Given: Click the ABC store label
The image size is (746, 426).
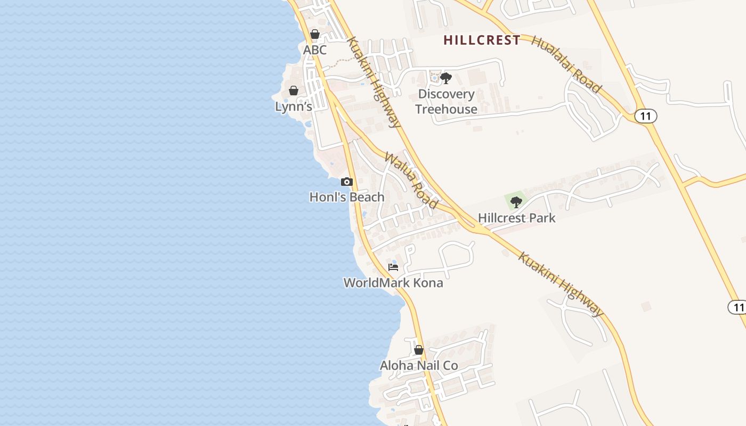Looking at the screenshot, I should pos(314,50).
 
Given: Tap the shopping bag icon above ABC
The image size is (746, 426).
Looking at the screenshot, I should pos(315,35).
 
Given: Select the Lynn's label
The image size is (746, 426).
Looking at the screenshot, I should pos(293,106).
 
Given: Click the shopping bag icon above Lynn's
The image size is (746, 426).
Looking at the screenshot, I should pos(293,91).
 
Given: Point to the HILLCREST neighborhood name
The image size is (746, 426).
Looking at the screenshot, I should pos(482,40).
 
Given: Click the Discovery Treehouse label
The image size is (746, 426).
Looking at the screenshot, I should pos(446,102).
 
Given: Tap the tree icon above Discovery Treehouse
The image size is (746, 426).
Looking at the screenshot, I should pos(446,79).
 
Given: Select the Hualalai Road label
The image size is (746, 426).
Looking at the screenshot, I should pos(567,65).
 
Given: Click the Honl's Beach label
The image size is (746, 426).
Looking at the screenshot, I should pos(347,197).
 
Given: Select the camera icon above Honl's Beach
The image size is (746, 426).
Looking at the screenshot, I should pos(347,182).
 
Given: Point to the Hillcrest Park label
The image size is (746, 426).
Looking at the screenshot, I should pos(516,218).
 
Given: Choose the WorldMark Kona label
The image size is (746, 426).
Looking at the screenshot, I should pos(393,283).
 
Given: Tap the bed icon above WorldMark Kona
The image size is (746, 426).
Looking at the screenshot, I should pos(393,267).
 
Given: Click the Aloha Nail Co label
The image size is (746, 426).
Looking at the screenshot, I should pos(419,366).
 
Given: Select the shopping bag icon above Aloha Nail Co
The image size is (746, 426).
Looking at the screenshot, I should pos(419,350).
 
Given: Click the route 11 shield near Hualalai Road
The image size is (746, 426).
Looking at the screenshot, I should pos(645,116).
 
